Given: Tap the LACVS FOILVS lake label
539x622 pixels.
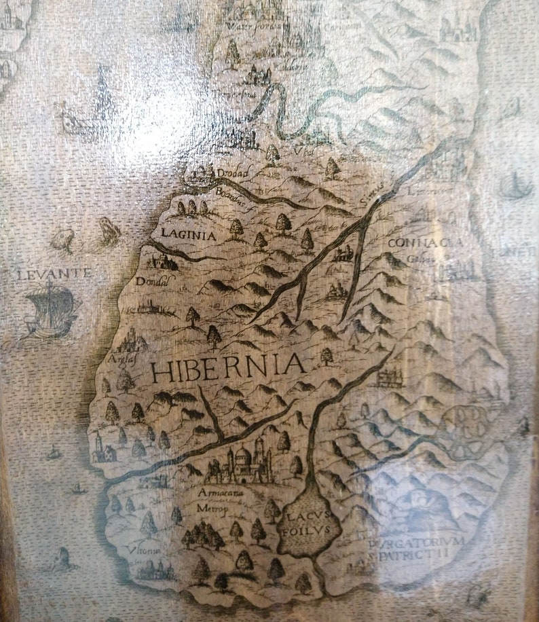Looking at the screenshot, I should pyautogui.click(x=307, y=524).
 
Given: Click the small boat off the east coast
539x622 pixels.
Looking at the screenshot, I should pyautogui.click(x=515, y=186).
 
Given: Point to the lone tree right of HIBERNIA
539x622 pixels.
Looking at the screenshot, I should pyautogui.click(x=327, y=355).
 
